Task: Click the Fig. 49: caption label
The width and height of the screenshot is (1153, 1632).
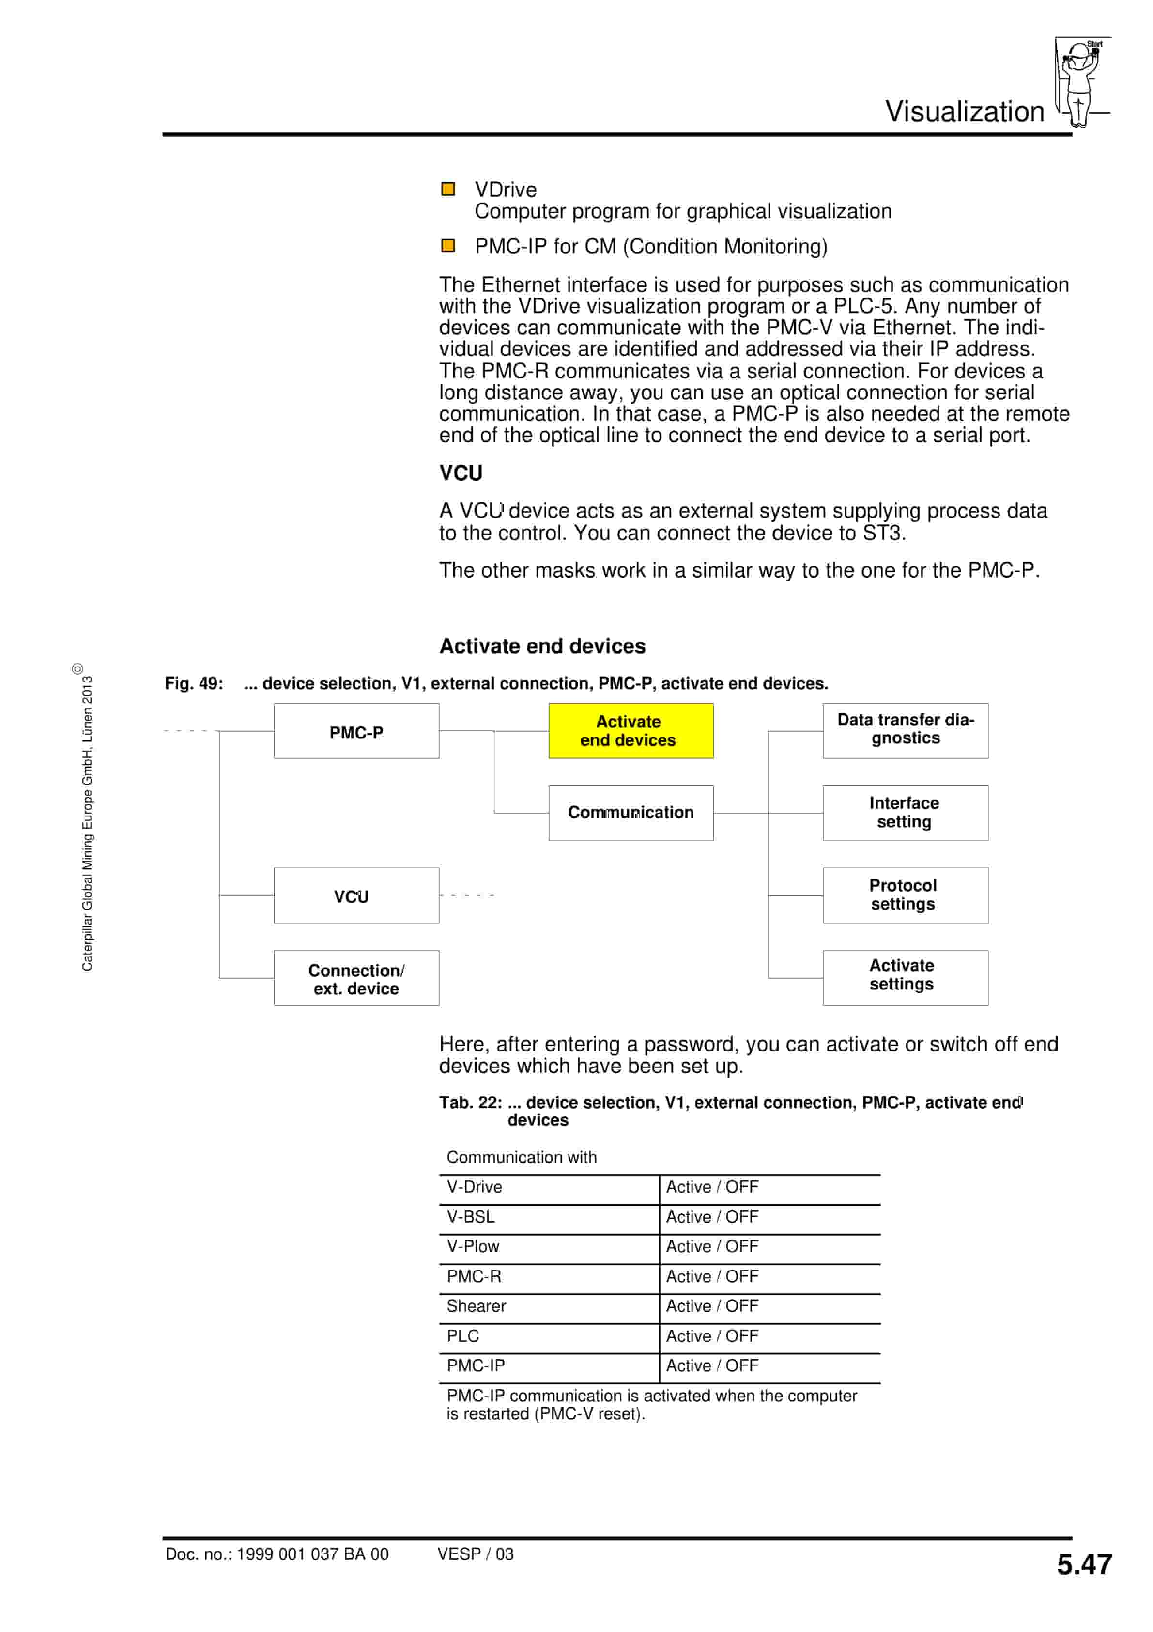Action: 194,683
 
